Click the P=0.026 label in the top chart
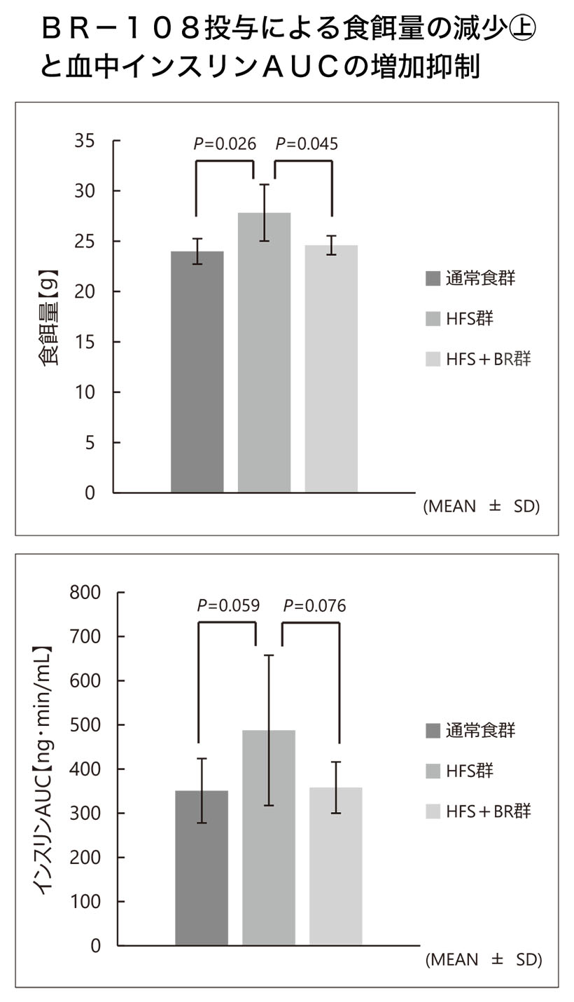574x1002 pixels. point(225,144)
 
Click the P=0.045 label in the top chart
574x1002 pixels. point(307,144)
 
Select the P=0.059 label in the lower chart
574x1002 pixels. point(228,606)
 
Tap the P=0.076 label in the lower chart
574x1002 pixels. point(314,606)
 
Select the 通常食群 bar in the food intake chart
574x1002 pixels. point(197,371)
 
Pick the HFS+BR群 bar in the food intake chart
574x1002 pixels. point(331,369)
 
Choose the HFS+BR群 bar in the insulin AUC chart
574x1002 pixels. point(336,866)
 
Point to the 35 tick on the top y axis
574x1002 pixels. point(85,141)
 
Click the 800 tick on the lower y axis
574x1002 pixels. point(85,593)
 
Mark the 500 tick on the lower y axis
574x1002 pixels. point(85,725)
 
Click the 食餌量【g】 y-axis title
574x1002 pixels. point(48,317)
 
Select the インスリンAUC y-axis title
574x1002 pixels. point(43,769)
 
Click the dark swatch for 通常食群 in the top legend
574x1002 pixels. point(433,279)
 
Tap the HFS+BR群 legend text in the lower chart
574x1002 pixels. point(488,811)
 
